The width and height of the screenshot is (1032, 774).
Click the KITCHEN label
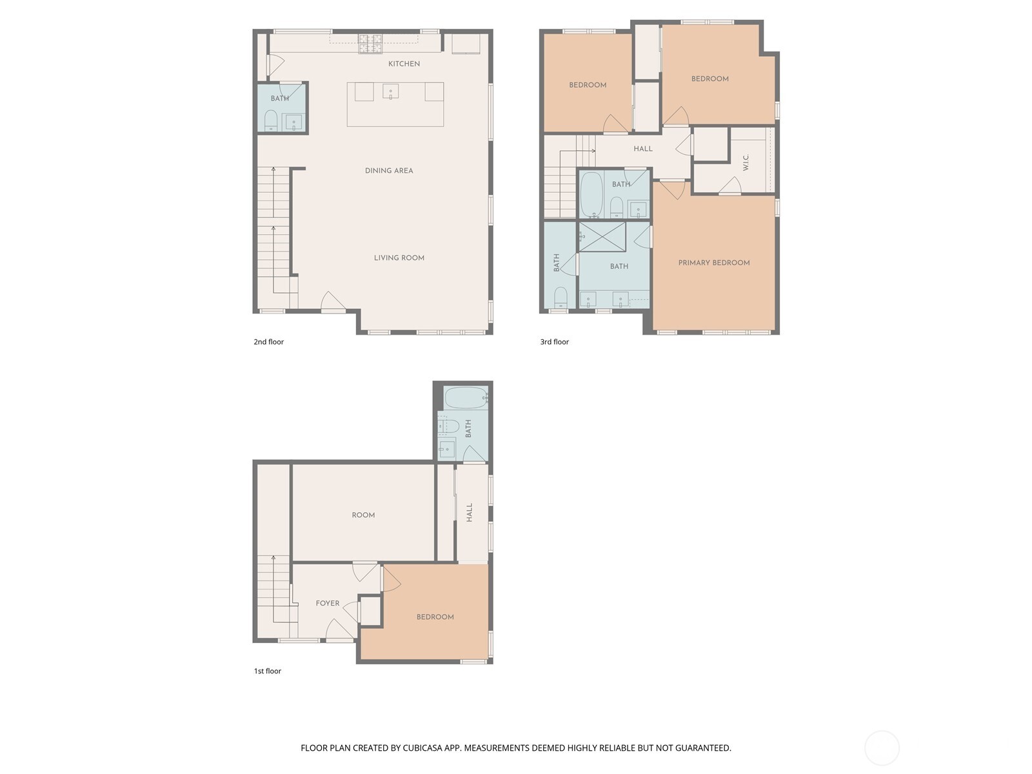pos(404,64)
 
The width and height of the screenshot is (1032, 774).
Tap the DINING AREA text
pos(389,171)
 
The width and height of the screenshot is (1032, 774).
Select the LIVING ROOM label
pos(399,258)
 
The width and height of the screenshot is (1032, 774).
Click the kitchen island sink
pos(390,92)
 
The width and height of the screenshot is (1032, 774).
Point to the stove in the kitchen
pos(370,43)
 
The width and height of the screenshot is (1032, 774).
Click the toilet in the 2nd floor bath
pos(271,121)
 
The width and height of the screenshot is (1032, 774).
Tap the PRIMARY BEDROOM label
pos(714,263)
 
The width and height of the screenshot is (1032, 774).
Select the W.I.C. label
pos(746,163)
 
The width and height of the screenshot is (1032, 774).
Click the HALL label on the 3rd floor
pos(643,149)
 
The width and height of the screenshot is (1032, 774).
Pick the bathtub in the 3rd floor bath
pos(591,193)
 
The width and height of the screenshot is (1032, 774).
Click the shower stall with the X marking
pos(602,237)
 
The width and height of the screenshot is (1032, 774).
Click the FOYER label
pos(328,604)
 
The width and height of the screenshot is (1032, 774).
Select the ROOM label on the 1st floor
pos(363,515)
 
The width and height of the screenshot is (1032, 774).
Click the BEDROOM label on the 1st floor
pos(435,617)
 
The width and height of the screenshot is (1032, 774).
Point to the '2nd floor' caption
pos(268,342)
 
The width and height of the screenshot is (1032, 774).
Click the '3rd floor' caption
pos(555,342)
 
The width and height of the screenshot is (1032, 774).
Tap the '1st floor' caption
pos(267,671)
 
